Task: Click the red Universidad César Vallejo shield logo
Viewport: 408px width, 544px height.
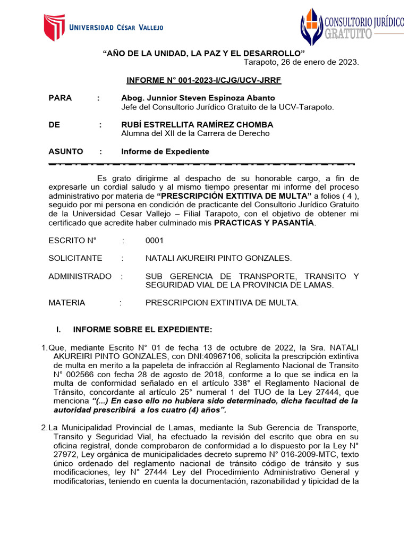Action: coord(54,27)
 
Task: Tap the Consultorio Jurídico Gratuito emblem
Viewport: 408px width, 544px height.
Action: coord(311,27)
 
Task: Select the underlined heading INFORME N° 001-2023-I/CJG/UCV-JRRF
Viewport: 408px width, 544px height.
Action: coord(203,80)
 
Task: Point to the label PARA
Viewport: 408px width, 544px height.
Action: coord(60,98)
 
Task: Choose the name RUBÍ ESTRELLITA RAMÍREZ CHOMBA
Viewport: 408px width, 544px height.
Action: coord(197,124)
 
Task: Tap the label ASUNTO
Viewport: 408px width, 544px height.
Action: coord(66,151)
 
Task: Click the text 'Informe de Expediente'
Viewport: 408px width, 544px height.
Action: coord(165,151)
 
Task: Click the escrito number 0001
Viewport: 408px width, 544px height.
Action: coord(155,240)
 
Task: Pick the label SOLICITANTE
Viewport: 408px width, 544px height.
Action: coord(75,258)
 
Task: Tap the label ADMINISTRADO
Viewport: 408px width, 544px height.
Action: coord(80,276)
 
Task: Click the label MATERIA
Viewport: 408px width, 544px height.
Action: coord(66,303)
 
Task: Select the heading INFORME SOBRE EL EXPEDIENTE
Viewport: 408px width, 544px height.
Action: coord(142,329)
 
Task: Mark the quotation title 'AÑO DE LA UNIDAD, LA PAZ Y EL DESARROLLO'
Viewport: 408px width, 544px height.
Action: coord(203,53)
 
